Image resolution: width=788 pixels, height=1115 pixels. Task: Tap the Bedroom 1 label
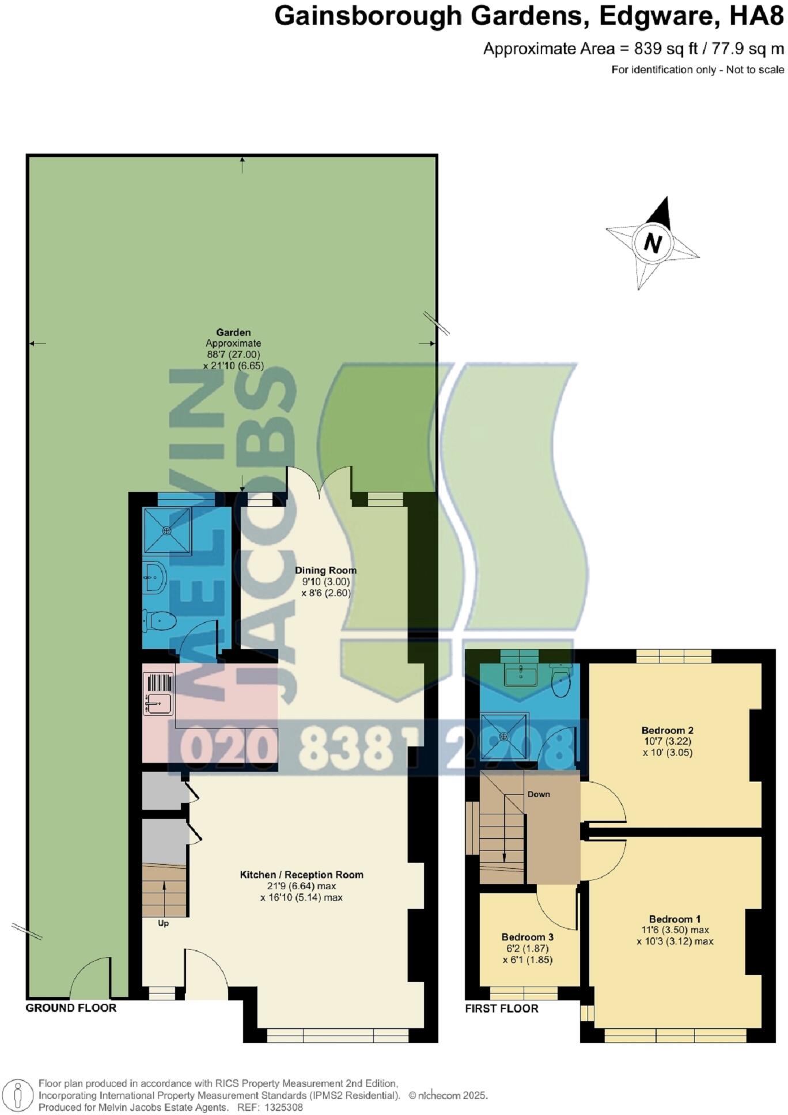click(675, 919)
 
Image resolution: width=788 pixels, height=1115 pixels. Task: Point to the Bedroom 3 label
click(527, 937)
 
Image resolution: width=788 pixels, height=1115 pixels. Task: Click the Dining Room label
click(325, 570)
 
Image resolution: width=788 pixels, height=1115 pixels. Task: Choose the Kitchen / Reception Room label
click(301, 875)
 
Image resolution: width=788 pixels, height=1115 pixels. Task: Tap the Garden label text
click(233, 332)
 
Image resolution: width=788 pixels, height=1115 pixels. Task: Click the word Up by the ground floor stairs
click(164, 923)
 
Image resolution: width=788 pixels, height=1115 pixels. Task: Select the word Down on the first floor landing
click(539, 794)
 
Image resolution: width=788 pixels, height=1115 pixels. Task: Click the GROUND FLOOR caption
click(71, 1008)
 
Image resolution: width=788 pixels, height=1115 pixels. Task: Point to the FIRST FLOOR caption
click(502, 1008)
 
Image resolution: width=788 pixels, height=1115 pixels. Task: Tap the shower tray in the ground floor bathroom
click(167, 530)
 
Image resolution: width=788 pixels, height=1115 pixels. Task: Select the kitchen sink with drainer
click(158, 695)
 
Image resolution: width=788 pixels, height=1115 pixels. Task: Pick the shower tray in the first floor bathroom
click(504, 736)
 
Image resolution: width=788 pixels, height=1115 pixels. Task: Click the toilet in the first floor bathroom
click(560, 680)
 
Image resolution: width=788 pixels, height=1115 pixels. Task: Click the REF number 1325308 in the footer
click(281, 1107)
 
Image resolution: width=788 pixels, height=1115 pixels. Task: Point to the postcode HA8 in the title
click(756, 16)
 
